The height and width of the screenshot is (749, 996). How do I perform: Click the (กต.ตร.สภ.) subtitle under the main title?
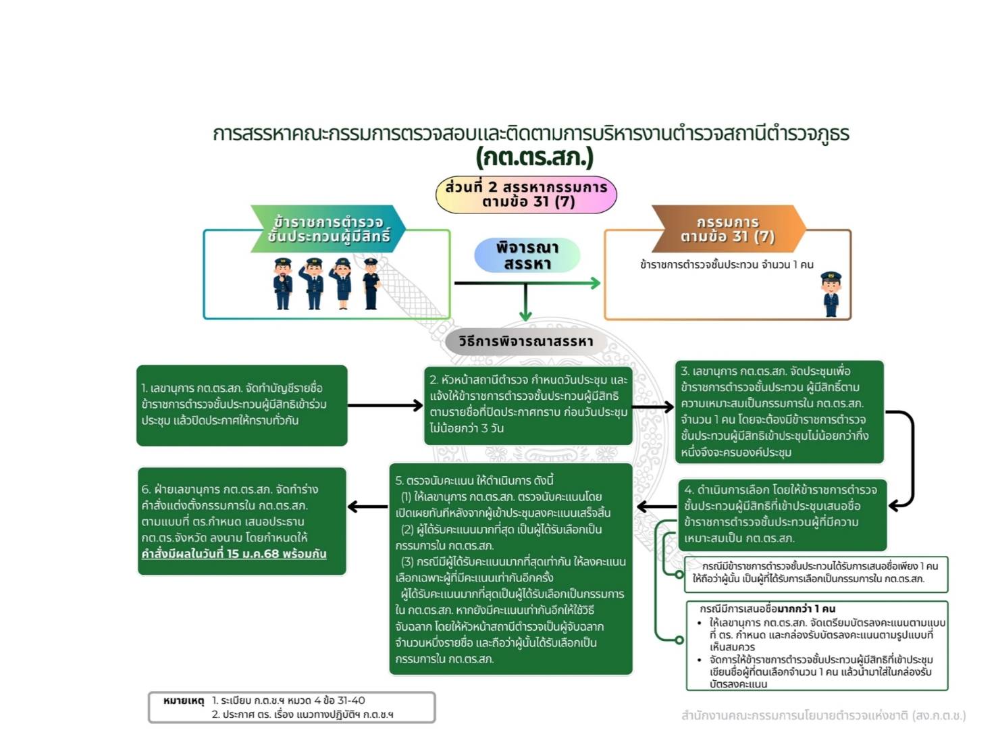click(x=533, y=157)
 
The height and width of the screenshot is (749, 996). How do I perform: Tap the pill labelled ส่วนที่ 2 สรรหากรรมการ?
click(x=526, y=194)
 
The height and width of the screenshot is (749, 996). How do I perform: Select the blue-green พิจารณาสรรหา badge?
click(x=527, y=255)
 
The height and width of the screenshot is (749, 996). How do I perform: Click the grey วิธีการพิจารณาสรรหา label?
click(x=525, y=342)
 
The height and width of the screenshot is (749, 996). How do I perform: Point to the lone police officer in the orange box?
click(x=831, y=294)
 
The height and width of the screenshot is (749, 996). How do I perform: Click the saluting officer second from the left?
click(x=313, y=284)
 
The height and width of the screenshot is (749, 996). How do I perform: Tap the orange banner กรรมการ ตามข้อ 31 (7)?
click(x=728, y=229)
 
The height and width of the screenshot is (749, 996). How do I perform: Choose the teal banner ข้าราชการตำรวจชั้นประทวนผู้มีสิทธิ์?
click(x=328, y=229)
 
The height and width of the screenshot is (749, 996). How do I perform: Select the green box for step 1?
click(x=242, y=405)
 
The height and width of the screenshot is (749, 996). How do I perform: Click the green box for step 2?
click(x=528, y=405)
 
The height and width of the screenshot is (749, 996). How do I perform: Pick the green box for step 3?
click(x=779, y=412)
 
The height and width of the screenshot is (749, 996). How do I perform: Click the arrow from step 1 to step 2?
click(x=385, y=405)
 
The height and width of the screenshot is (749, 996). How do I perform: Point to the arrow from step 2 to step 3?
click(x=653, y=407)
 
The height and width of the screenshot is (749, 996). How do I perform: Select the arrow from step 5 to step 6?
click(x=368, y=507)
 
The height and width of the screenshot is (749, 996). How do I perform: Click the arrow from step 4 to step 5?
click(x=656, y=507)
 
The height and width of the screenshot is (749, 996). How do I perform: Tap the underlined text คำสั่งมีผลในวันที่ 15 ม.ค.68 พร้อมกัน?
click(x=234, y=554)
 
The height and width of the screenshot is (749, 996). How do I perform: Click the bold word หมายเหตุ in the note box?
click(x=184, y=701)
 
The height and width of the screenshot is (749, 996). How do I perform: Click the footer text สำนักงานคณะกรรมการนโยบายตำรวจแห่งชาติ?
click(x=823, y=715)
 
